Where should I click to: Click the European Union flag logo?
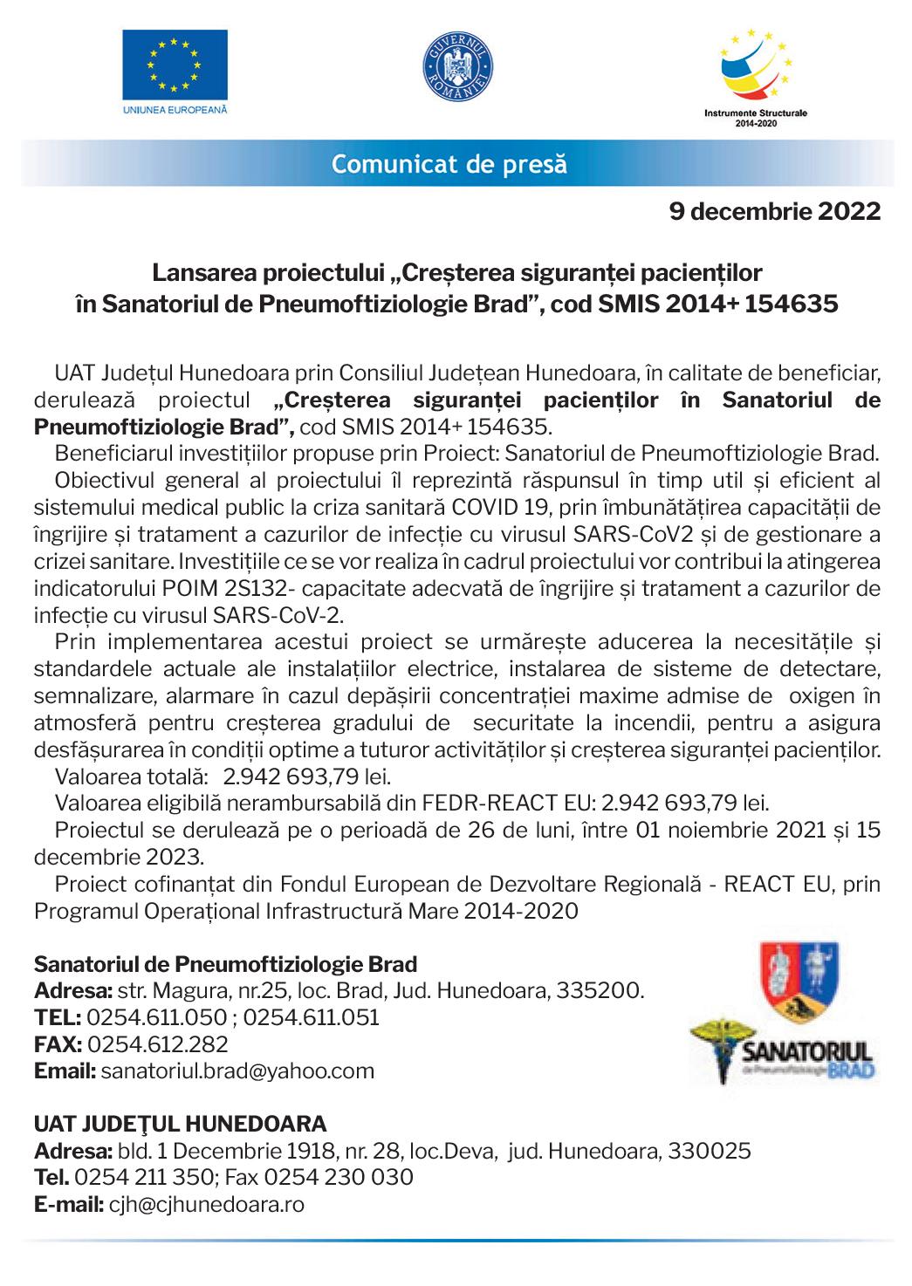pyautogui.click(x=175, y=66)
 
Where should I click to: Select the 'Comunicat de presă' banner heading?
pyautogui.click(x=449, y=163)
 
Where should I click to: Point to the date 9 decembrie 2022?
pyautogui.click(x=774, y=212)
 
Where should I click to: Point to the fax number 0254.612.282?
pyautogui.click(x=158, y=1043)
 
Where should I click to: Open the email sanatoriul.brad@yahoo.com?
pyautogui.click(x=238, y=1071)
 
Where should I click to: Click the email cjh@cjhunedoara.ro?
pyautogui.click(x=206, y=1204)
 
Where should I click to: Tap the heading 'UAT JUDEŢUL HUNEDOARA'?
pyautogui.click(x=180, y=1123)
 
